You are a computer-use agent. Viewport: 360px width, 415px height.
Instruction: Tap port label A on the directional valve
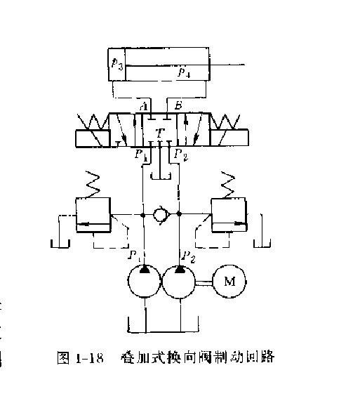143,106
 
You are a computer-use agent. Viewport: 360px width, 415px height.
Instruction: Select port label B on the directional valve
178,106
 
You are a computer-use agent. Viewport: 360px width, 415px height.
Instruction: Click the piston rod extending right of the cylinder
227,65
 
